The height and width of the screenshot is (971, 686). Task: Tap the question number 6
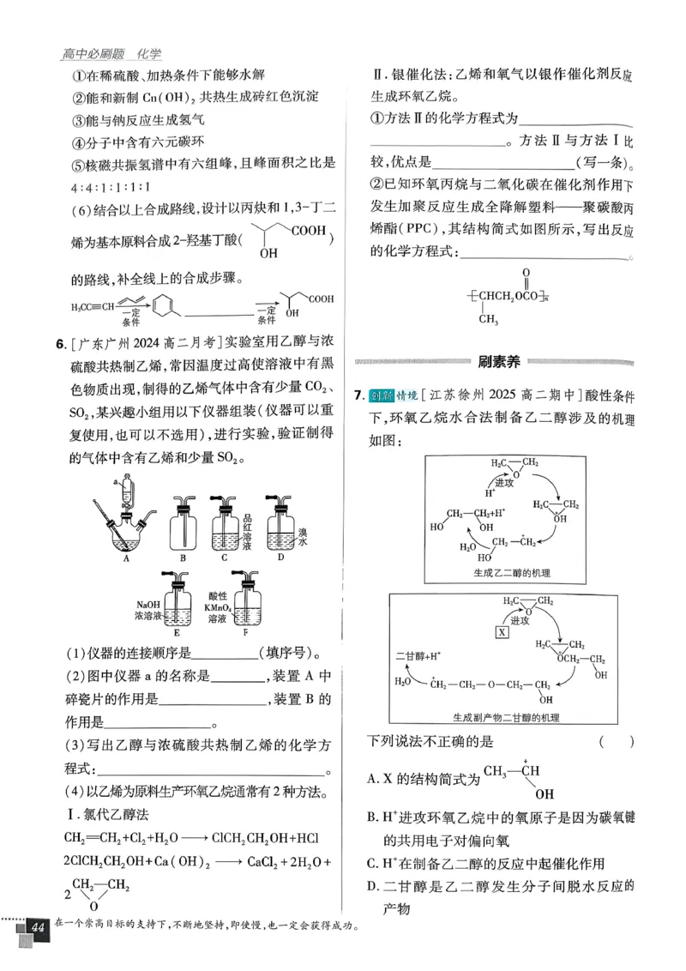(x=60, y=345)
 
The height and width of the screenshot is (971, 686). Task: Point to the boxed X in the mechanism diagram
(x=502, y=631)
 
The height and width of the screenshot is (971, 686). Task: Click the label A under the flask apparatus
(x=125, y=558)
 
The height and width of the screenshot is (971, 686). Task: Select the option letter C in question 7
(x=372, y=863)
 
